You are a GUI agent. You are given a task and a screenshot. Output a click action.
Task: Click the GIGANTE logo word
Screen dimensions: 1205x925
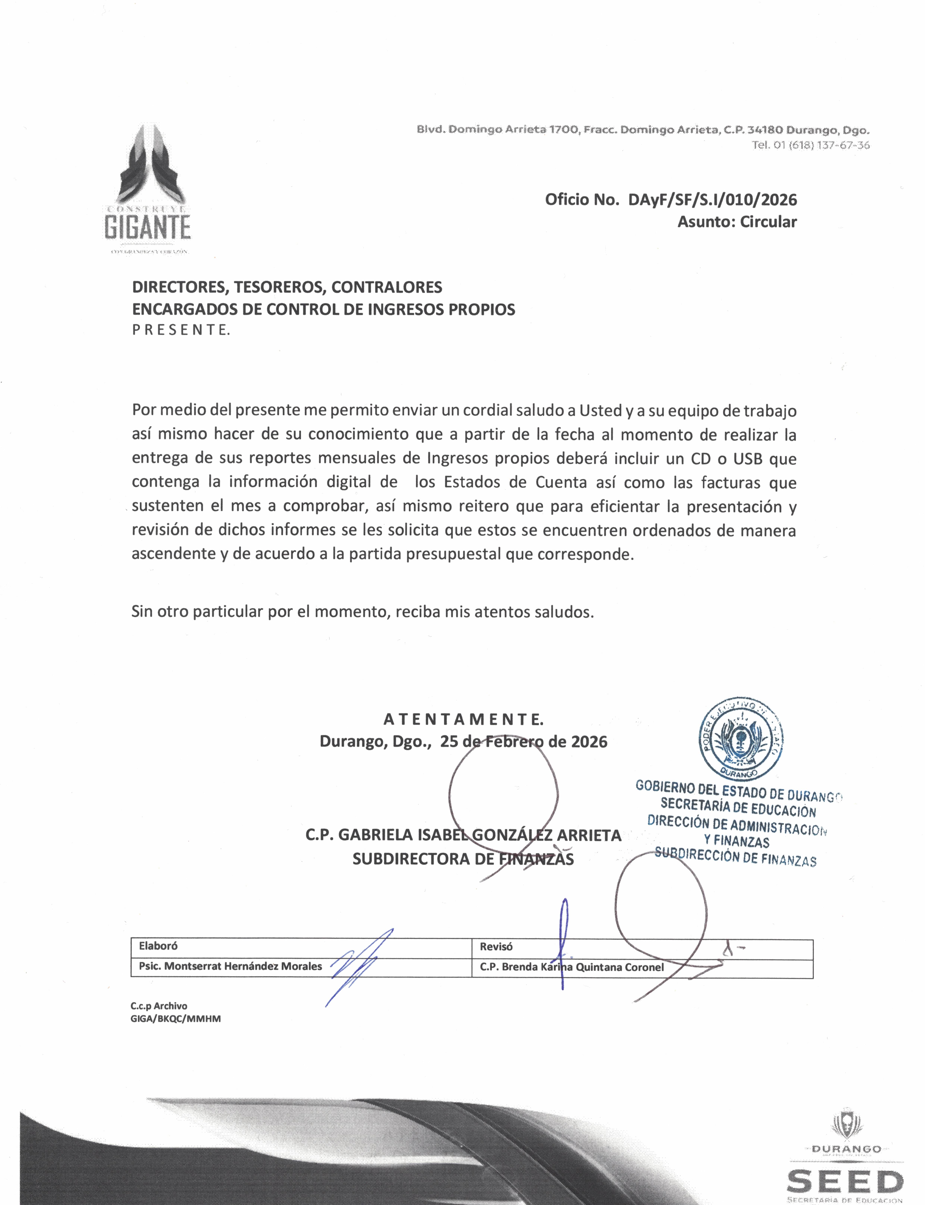pos(148,227)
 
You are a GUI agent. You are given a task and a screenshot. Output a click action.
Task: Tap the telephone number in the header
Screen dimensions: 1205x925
pos(810,145)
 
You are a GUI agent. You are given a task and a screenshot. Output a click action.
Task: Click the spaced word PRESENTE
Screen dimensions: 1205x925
pos(181,330)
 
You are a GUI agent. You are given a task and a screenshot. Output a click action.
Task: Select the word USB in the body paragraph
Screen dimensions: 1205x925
pos(747,459)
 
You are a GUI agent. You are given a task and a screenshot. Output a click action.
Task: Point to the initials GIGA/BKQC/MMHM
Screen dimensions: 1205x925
pos(176,1019)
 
